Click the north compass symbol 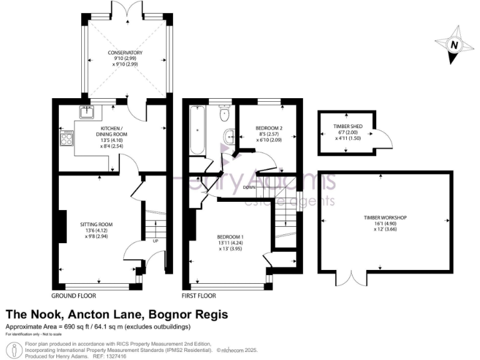point(454,45)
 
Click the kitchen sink point(86,112)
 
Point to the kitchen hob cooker point(66,138)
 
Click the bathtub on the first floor point(198,131)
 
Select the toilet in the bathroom point(223,114)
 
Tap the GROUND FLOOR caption point(74,295)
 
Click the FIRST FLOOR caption point(199,295)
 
